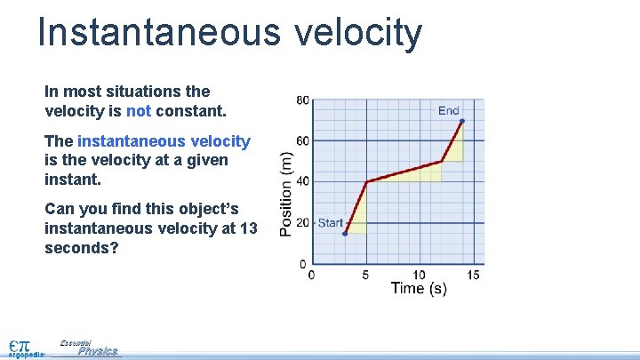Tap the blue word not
139,112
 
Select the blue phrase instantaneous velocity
164,141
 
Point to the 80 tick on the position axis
302,100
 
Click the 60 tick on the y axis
302,141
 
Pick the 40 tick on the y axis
302,182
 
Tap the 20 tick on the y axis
302,223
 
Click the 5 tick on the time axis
365,275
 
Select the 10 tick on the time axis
420,275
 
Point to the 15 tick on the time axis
474,275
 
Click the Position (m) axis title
286,193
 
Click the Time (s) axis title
418,289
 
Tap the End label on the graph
449,110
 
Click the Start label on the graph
331,222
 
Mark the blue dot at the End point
461,121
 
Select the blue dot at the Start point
344,234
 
